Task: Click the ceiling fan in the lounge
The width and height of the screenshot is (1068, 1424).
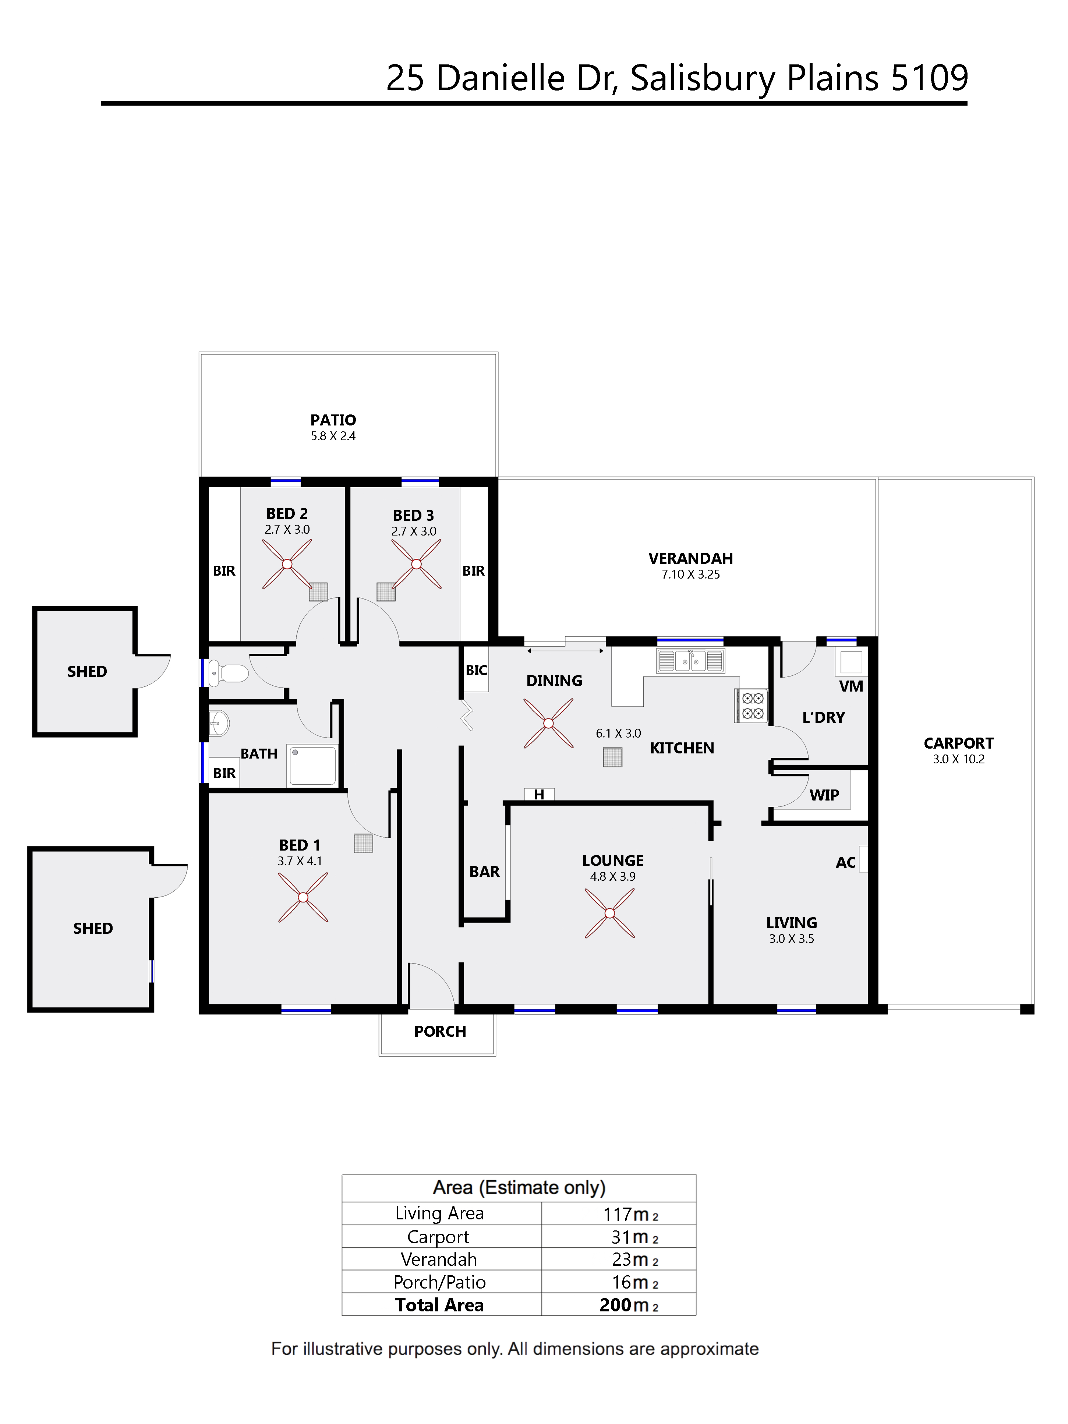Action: pyautogui.click(x=610, y=913)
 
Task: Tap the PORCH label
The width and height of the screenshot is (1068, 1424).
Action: pyautogui.click(x=440, y=1031)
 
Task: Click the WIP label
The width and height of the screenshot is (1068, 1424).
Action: pyautogui.click(x=824, y=795)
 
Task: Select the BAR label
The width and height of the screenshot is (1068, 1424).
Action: pyautogui.click(x=484, y=872)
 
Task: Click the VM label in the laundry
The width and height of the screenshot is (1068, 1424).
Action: pyautogui.click(x=851, y=686)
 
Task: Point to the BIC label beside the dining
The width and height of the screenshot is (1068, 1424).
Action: pyautogui.click(x=476, y=670)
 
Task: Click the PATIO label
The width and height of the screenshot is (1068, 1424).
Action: pyautogui.click(x=333, y=420)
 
